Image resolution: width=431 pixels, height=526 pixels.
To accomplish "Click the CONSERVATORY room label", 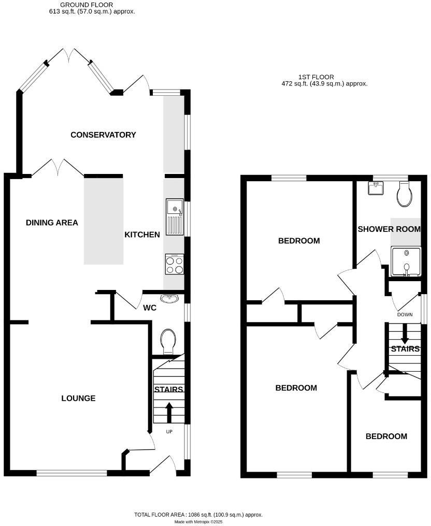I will coord(103,135).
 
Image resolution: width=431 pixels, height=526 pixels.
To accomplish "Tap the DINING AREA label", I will coord(52,223).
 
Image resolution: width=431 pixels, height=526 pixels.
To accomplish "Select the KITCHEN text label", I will coord(142,235).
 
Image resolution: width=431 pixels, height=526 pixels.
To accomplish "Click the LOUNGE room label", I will coord(78,399).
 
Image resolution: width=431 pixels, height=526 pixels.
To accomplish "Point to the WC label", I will coord(150,308).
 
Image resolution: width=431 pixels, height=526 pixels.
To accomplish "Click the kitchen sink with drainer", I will coord(174,217).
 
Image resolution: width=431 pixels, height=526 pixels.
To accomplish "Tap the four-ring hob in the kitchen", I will coord(174,265).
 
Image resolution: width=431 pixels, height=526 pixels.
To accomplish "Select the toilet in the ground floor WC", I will coord(168,341).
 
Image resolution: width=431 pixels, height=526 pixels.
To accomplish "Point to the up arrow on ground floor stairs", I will coord(169,413).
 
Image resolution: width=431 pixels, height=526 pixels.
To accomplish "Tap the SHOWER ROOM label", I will coord(389,229).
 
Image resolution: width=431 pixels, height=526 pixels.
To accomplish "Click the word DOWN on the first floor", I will coord(405,315).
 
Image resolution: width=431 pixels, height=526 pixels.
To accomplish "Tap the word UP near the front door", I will coord(169,431).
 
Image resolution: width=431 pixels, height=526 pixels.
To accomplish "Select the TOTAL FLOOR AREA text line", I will coord(198,515).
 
